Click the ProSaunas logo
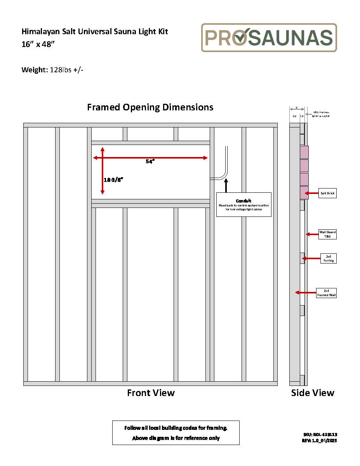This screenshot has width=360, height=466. pos(269,38)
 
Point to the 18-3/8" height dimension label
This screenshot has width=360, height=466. pos(113,180)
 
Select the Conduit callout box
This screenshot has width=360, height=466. pos(243,204)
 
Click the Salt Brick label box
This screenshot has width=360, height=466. pos(328,193)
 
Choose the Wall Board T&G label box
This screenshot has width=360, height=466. pos(327,234)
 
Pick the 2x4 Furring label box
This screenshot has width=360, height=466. pos(328,258)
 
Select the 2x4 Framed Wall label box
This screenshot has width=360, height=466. pos(326,293)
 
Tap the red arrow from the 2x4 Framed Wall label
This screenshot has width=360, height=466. pos(306,293)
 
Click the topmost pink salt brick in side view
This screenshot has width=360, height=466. pos(304,152)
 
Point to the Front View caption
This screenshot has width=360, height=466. pos(151,393)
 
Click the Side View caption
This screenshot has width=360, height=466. pos(313,393)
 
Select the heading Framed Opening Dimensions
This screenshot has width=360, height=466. pos(150,107)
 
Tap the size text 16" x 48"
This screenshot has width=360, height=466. pos(38,44)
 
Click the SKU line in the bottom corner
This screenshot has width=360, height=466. pos(320,435)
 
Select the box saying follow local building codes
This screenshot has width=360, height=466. pos(176,433)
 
